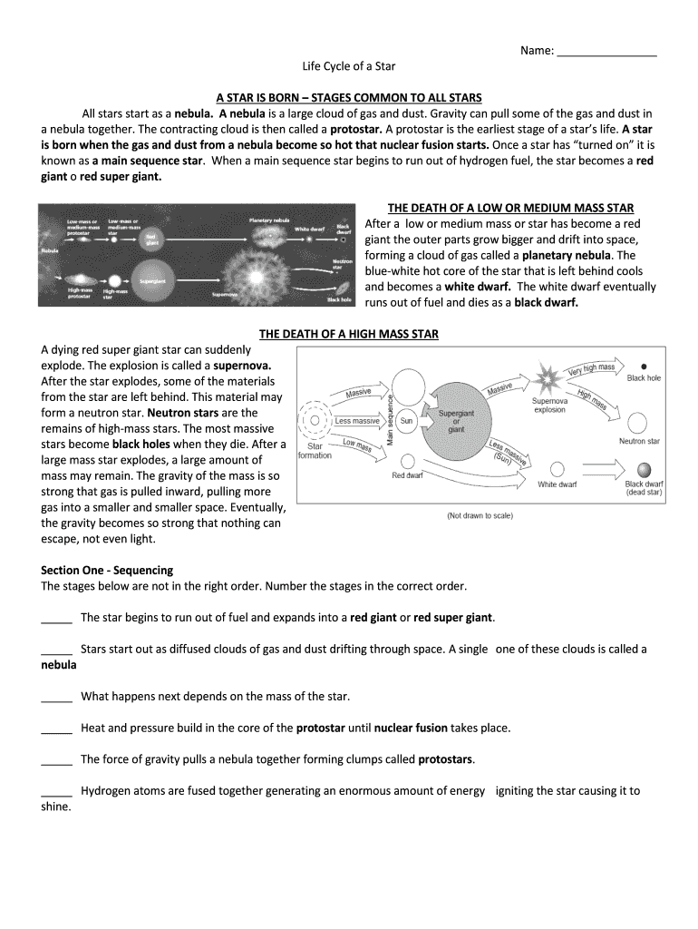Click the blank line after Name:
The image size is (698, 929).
coord(606,52)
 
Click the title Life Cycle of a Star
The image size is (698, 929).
coord(349,67)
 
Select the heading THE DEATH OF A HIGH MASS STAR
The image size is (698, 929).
coord(349,334)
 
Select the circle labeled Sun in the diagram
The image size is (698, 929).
coord(406,421)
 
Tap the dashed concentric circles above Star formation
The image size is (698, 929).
coord(315,419)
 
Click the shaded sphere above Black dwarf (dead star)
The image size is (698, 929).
coord(644,470)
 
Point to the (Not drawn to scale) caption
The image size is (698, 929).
coord(480,516)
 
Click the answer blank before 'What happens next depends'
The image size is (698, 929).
coord(56,697)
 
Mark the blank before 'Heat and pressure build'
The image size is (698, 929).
coord(56,728)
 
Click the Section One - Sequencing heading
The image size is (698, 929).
coord(107,570)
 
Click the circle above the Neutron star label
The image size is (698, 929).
coord(638,423)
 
